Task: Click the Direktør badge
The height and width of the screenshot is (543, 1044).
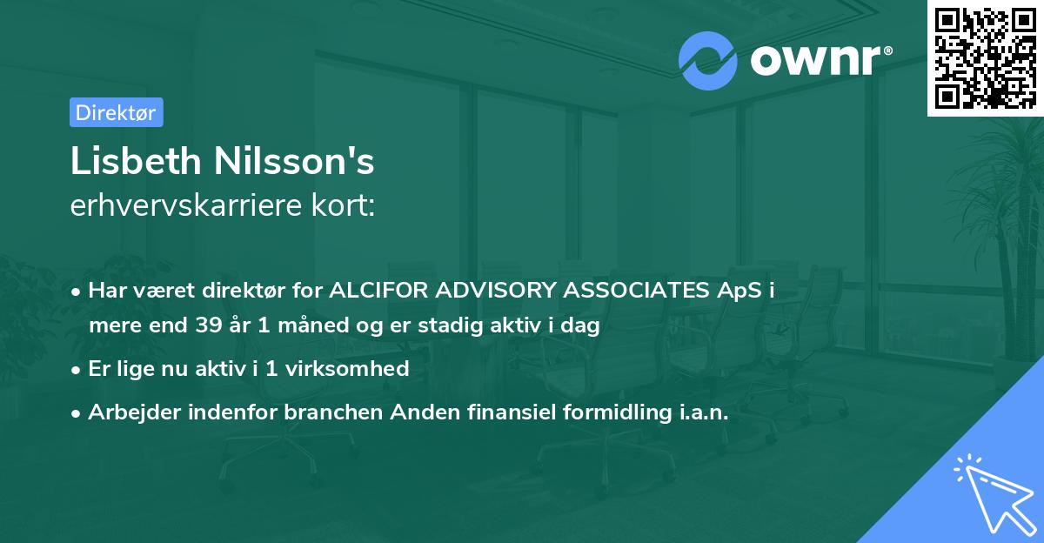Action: click(x=116, y=112)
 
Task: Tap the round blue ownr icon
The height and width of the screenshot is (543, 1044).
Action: click(x=708, y=62)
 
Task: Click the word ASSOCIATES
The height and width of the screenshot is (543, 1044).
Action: click(x=648, y=291)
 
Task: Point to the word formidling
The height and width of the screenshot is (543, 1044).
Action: click(x=610, y=413)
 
